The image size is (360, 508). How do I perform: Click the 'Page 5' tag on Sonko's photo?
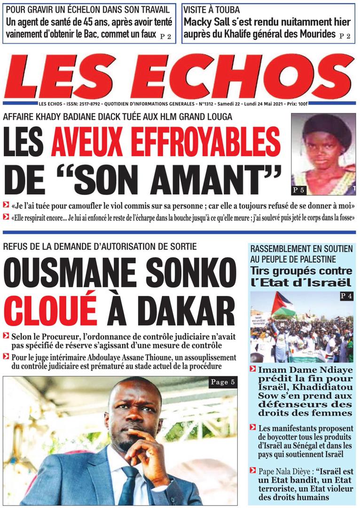pos(222,382)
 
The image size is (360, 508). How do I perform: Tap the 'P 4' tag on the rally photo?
pos(346,296)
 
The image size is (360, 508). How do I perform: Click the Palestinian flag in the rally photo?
pos(283,304)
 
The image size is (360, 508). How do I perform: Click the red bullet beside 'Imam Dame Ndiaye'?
pos(253,369)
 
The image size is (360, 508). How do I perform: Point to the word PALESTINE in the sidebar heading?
pos(318,259)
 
